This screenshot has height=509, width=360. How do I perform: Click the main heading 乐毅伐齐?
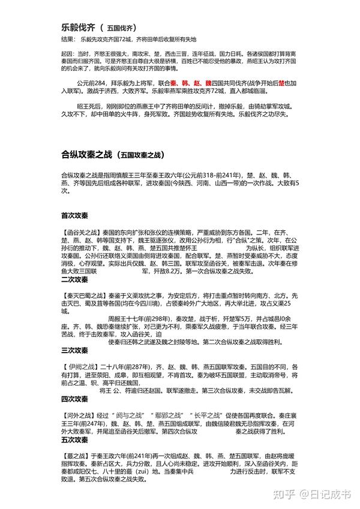(x=78, y=27)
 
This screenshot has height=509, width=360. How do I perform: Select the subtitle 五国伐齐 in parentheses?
(x=121, y=28)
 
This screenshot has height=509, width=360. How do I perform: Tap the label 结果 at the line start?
(x=67, y=40)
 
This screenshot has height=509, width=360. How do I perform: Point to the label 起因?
(x=67, y=53)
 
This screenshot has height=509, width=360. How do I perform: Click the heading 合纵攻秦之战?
(x=86, y=154)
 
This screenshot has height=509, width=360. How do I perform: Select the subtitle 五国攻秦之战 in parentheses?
(x=140, y=155)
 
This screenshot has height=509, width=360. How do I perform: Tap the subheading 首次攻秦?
(x=74, y=215)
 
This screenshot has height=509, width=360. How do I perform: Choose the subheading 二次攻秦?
(x=74, y=279)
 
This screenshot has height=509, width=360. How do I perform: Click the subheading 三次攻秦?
(x=74, y=350)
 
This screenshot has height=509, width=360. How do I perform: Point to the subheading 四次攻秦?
(x=74, y=399)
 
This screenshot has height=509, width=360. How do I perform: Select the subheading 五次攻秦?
(x=74, y=440)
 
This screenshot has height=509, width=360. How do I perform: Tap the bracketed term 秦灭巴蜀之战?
(x=84, y=295)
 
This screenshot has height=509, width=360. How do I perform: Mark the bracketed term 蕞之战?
(x=77, y=456)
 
